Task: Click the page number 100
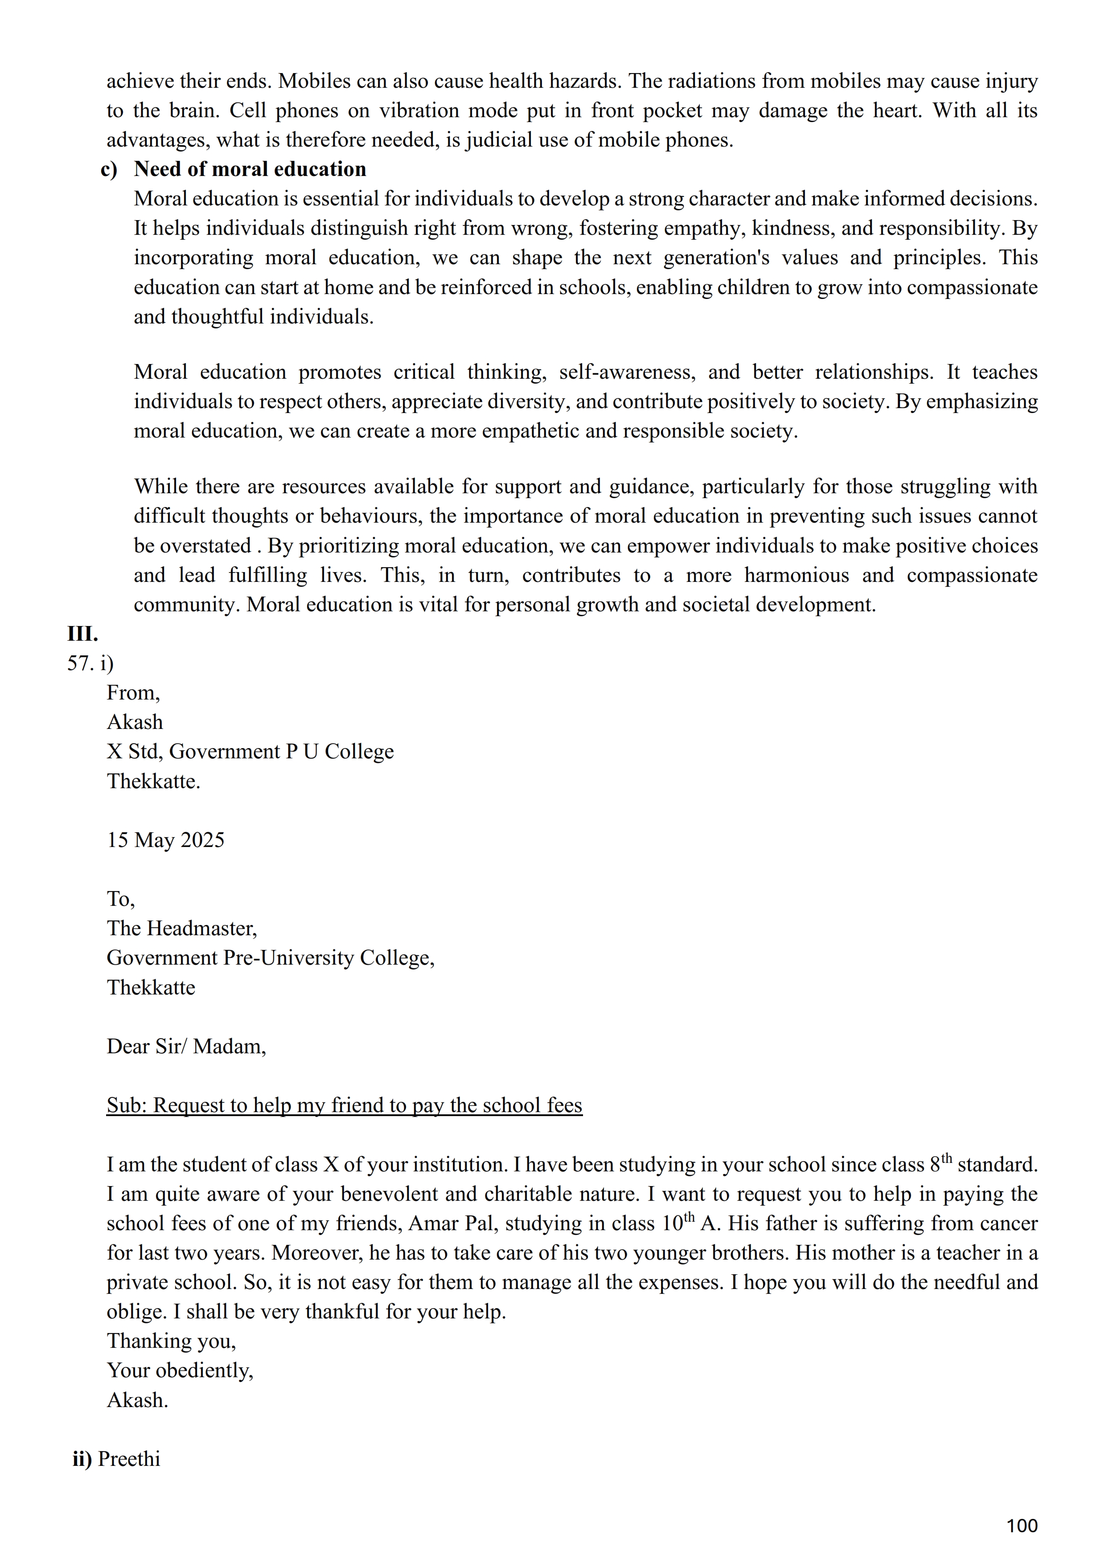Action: click(x=1021, y=1526)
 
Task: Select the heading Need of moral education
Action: click(x=250, y=169)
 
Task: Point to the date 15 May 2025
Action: click(x=165, y=840)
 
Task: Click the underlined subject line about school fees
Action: click(x=344, y=1105)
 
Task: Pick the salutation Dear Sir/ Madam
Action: click(x=186, y=1046)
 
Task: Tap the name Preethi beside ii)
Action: click(x=129, y=1459)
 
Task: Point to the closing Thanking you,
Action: click(x=171, y=1341)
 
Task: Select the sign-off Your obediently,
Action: click(x=180, y=1371)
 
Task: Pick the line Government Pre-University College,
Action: click(x=270, y=958)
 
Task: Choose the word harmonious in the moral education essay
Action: click(x=796, y=575)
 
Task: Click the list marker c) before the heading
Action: click(x=109, y=169)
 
